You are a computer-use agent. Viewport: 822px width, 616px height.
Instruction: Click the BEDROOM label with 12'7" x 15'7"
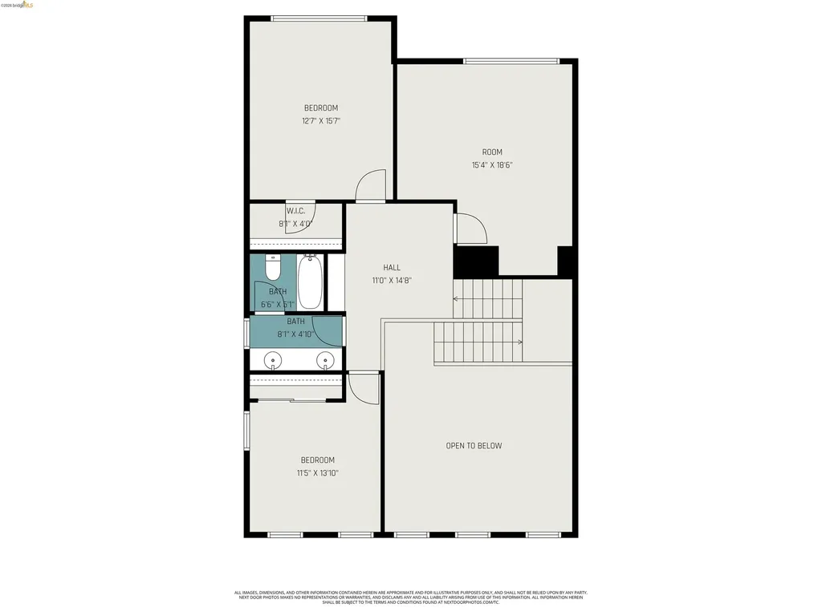[320, 108]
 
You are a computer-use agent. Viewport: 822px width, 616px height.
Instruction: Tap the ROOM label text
[492, 152]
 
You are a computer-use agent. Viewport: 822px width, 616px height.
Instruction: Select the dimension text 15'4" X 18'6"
[492, 165]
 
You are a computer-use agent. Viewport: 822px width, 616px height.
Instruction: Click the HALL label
[392, 268]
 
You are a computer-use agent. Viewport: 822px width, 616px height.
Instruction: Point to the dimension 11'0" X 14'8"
[392, 281]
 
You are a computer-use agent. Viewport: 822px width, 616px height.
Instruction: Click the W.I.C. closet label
[295, 211]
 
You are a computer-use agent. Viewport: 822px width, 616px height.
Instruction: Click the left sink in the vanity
[273, 360]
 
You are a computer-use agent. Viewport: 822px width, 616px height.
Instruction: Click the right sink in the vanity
[325, 360]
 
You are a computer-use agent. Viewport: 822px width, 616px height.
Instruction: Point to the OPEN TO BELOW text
[474, 446]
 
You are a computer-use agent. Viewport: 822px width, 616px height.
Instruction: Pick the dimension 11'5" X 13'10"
[318, 473]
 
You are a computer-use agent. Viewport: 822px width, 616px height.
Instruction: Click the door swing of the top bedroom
[371, 186]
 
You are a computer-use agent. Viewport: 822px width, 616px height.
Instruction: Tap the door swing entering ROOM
[470, 229]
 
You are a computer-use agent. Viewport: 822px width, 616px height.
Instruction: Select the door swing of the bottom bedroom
[364, 389]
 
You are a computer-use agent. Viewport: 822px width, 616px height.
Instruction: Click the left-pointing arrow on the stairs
[458, 298]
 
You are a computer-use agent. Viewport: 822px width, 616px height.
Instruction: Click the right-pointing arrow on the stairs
[519, 342]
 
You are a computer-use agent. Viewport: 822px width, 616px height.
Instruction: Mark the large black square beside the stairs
[476, 261]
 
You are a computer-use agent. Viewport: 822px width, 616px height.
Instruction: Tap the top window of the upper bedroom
[319, 18]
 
